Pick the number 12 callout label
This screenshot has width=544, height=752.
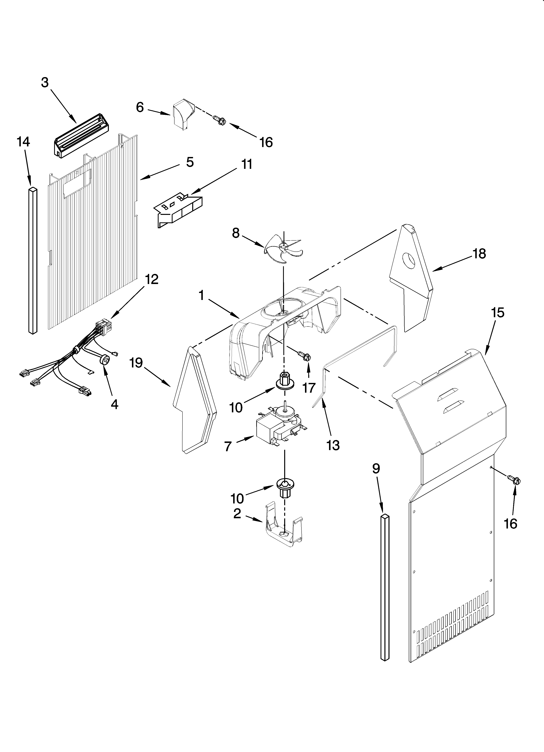[x=151, y=279]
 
